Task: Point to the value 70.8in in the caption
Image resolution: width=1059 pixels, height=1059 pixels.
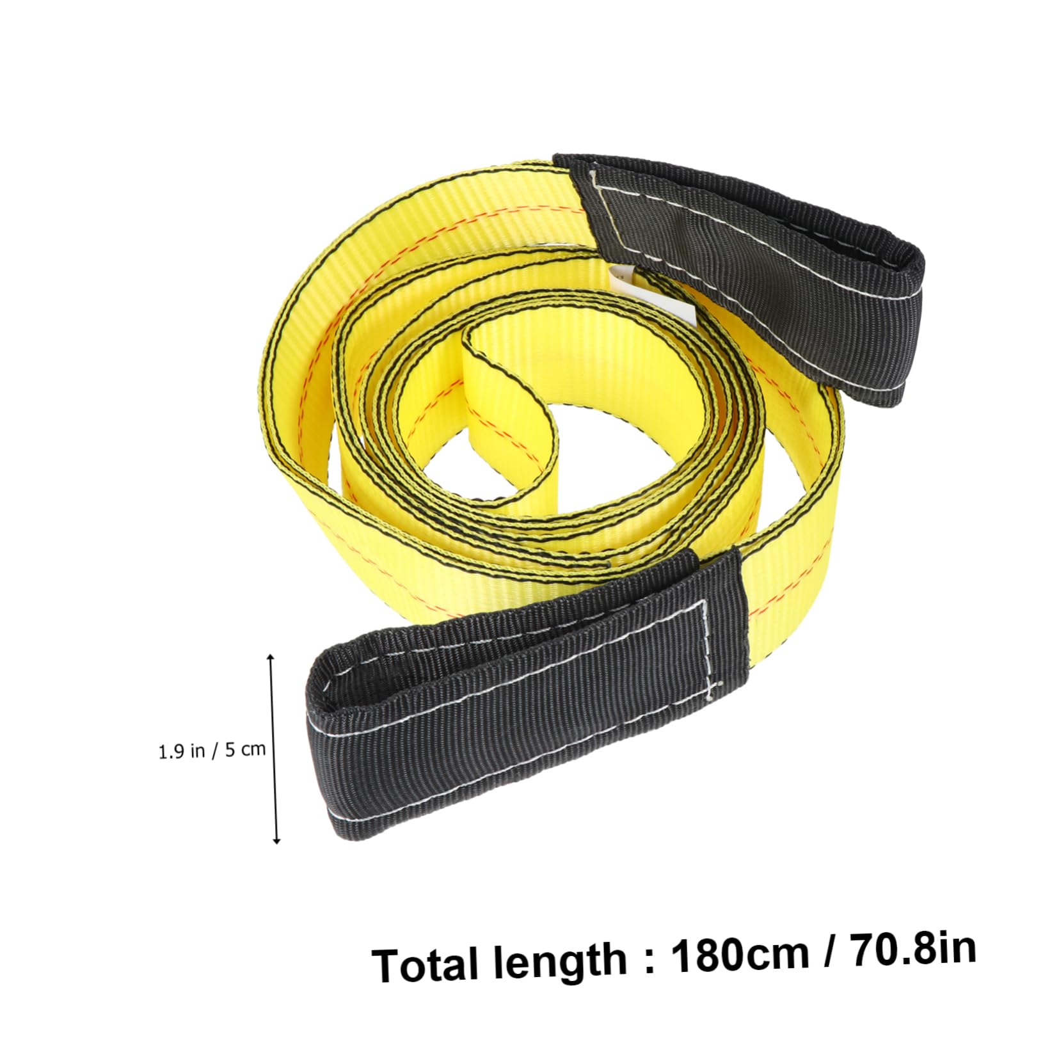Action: point(913,946)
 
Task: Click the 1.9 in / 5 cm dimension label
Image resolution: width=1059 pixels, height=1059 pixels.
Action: point(212,749)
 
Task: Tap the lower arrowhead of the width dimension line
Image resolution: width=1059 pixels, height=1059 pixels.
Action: point(276,840)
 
